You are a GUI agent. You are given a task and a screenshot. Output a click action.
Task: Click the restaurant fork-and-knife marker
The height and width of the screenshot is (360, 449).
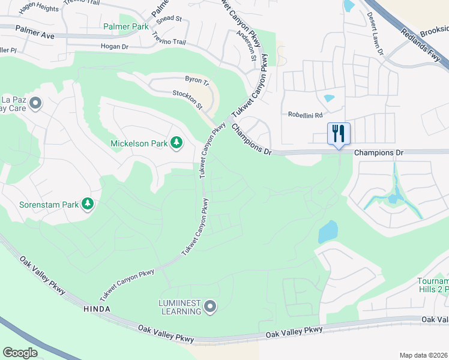(x=339, y=133)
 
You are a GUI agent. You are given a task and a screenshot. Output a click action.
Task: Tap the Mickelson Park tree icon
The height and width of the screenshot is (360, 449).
(x=176, y=142)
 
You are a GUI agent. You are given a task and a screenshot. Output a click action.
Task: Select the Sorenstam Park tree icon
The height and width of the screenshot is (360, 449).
(x=88, y=204)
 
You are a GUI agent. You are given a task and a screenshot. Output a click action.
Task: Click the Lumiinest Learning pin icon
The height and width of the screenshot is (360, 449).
(x=210, y=307)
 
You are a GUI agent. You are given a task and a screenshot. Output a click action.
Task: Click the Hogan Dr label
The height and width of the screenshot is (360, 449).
(x=116, y=46)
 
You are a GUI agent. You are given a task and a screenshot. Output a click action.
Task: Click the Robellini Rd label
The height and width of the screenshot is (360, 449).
(x=305, y=114)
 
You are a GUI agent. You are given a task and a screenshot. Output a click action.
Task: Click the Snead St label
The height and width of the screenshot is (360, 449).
(x=169, y=19)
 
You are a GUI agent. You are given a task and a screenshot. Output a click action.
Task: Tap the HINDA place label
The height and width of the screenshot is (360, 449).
(x=93, y=308)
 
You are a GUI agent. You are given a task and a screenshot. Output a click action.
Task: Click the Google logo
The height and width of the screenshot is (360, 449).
(x=20, y=352)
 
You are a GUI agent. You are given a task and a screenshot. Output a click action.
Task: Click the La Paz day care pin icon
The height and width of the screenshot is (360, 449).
(x=35, y=103)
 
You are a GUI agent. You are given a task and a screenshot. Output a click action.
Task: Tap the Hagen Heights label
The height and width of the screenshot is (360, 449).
(x=39, y=9)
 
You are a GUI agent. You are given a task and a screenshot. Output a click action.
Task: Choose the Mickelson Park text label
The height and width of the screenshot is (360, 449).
(x=138, y=143)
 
